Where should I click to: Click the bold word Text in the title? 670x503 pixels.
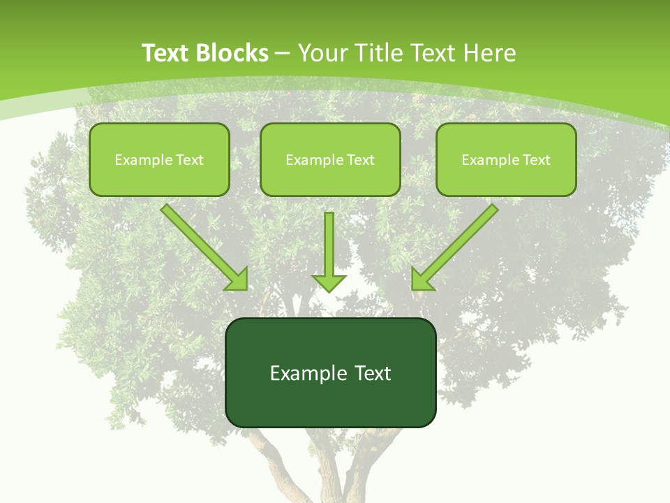(x=165, y=53)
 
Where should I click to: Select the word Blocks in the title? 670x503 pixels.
(x=231, y=53)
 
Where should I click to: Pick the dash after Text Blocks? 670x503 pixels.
(x=283, y=54)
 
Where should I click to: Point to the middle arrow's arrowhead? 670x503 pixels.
(x=329, y=283)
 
